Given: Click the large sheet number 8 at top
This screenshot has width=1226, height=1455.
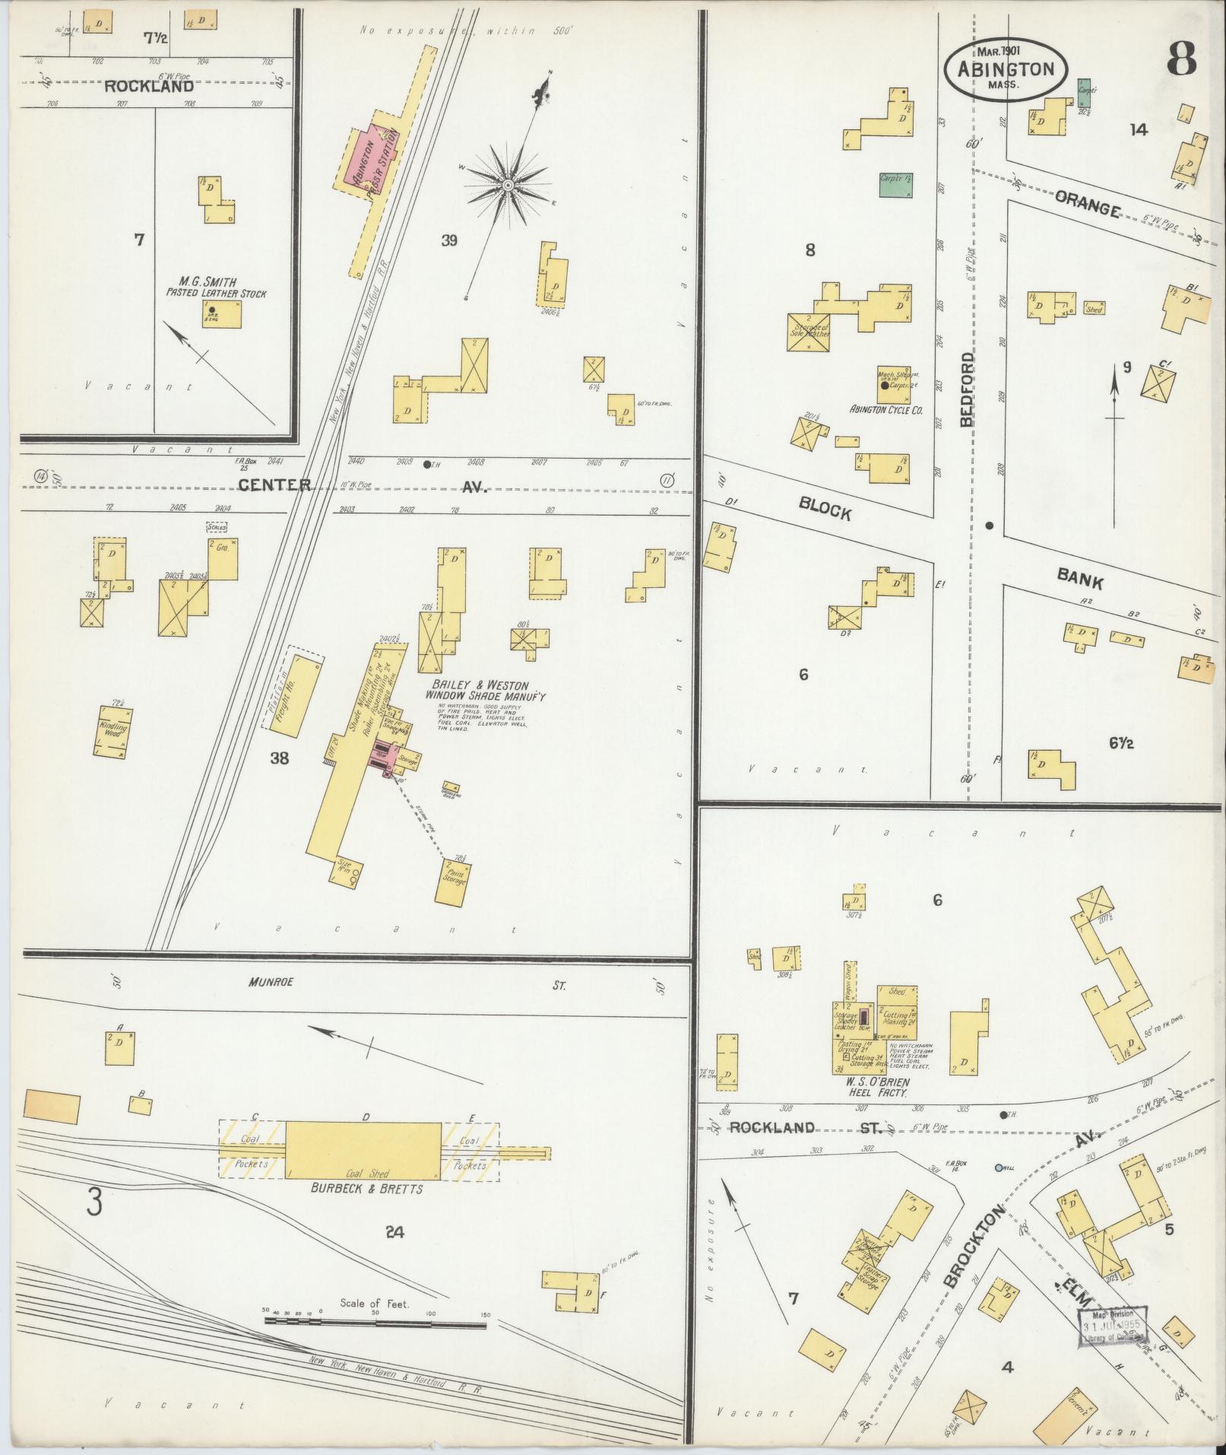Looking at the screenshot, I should tap(1181, 59).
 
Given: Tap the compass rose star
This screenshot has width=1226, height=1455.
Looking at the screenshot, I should tap(507, 185).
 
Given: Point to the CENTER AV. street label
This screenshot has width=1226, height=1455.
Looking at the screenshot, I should tap(274, 484).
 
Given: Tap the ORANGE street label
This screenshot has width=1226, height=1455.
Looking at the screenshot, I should tap(1088, 204).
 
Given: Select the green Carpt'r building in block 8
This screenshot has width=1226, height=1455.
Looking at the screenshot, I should tap(895, 184).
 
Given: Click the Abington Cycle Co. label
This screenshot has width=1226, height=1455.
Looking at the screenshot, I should tap(885, 409).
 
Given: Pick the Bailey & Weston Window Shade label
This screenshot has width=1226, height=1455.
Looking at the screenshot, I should tap(486, 690).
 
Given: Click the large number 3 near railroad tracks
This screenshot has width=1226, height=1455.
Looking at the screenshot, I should tap(94, 1202).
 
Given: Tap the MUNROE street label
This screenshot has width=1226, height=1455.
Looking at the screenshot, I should tap(271, 982).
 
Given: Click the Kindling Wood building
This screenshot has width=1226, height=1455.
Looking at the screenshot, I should tap(112, 732).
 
